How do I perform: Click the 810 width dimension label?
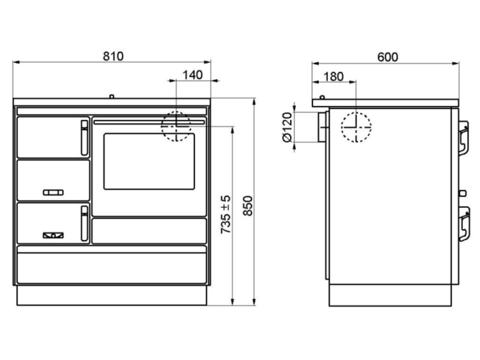coord(113,56)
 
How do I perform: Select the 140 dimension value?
coord(192,75)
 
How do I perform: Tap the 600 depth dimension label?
coord(387,57)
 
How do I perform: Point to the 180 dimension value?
coord(334,76)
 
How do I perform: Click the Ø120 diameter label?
coord(288,127)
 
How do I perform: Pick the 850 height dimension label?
coord(248,206)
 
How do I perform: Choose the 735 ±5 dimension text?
coord(226,215)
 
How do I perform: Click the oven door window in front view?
coord(149,161)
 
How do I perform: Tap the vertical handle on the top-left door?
coord(84,138)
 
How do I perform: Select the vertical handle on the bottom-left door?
coord(84,223)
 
